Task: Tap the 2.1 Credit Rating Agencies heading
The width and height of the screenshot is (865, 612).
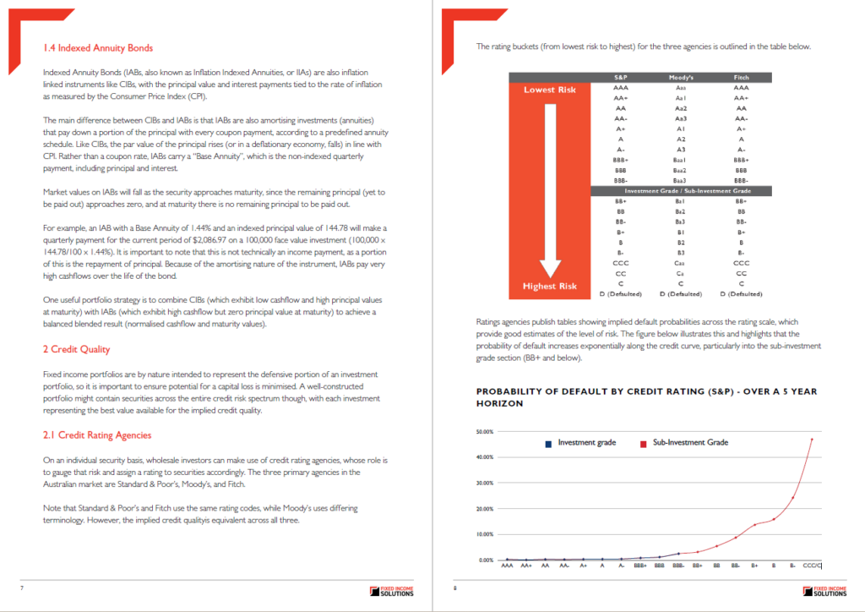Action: (97, 434)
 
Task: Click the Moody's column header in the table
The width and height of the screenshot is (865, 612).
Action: (680, 77)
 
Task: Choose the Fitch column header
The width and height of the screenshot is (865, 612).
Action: (741, 77)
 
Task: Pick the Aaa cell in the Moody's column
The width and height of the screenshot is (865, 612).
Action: (680, 87)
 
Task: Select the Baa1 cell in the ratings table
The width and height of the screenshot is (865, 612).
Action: (680, 159)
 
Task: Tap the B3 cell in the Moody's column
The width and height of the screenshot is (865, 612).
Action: (680, 252)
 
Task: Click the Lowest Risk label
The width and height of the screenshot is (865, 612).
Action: (550, 90)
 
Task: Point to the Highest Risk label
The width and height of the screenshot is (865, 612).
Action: (550, 287)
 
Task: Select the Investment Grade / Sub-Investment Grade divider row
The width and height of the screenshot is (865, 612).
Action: (680, 191)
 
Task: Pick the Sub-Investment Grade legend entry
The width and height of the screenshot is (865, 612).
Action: (688, 443)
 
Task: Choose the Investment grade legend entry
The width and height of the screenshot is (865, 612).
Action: (586, 443)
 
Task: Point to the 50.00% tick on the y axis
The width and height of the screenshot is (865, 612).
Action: (485, 432)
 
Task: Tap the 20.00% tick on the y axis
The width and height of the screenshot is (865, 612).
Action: (485, 509)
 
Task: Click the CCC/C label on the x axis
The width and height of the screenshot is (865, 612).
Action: (812, 565)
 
